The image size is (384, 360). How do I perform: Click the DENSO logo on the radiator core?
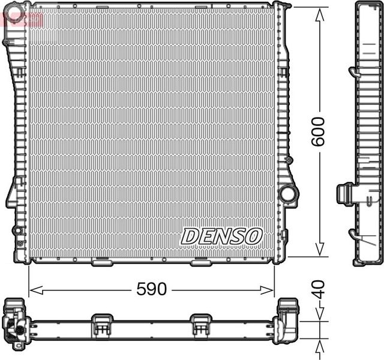221,236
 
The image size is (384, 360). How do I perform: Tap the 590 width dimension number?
151,289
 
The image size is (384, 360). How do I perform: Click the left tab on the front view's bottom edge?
101,262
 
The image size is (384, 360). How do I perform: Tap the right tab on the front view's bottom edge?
200,262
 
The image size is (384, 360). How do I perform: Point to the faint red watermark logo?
23,18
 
